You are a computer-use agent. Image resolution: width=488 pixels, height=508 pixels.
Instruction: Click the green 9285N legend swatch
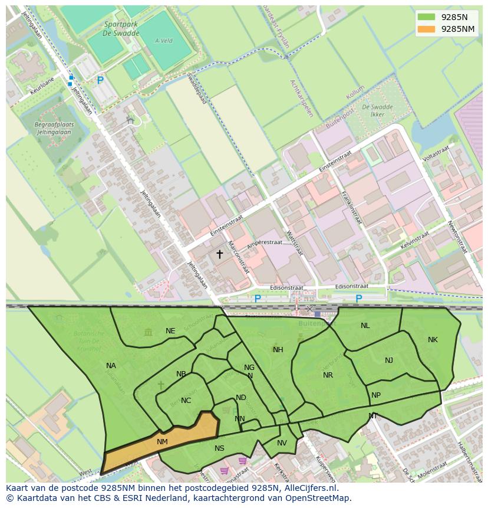[426, 17]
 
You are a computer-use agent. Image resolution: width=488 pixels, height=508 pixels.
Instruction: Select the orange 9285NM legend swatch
[426, 29]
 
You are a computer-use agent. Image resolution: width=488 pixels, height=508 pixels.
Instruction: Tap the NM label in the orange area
[163, 441]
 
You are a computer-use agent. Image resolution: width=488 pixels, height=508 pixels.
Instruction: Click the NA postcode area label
[111, 366]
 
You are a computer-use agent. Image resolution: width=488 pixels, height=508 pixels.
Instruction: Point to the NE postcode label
[170, 331]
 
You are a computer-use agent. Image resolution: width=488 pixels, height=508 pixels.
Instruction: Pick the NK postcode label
[433, 340]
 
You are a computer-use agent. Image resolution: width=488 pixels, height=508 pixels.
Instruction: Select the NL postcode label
[365, 326]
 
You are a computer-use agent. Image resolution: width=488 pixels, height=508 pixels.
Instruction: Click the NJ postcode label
[389, 360]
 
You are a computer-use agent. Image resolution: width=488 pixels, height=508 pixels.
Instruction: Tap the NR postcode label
[328, 375]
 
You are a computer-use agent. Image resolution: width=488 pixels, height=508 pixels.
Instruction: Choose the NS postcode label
[219, 448]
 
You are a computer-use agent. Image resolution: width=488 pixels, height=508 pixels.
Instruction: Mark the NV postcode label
[282, 444]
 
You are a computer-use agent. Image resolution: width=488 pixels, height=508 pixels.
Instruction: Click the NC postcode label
[186, 401]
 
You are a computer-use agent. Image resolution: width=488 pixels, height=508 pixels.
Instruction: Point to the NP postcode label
[376, 395]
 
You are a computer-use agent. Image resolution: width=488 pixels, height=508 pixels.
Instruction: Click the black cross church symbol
[220, 254]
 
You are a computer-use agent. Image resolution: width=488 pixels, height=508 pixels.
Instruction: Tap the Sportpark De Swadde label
[121, 29]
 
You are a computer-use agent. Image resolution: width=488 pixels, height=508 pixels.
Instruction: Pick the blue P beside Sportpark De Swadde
[100, 80]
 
